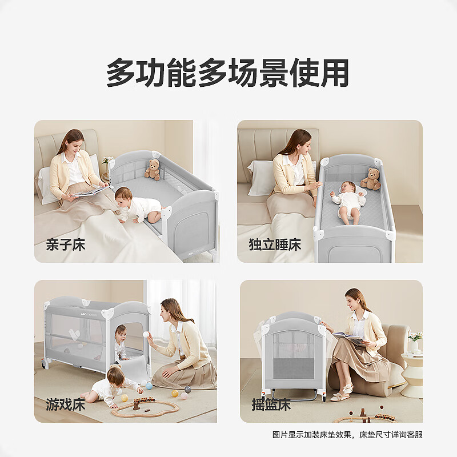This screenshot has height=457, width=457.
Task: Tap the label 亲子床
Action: click(x=65, y=245)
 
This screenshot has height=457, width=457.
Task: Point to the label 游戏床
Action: click(x=65, y=406)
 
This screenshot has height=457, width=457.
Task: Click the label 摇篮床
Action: click(x=271, y=406)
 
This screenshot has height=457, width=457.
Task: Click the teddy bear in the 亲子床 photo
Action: click(x=152, y=170)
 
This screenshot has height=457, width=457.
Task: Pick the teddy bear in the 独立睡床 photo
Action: click(x=371, y=179)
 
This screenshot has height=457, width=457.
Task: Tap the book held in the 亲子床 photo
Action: click(x=90, y=193)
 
